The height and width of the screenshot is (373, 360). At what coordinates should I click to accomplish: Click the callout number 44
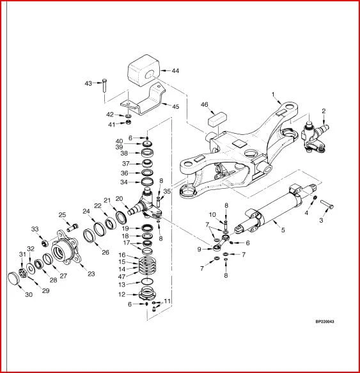tap(175, 70)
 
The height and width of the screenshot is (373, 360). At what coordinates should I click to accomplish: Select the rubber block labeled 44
tap(143, 70)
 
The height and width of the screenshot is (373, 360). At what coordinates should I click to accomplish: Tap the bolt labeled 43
tap(104, 86)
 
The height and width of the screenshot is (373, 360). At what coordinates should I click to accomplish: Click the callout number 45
tap(175, 106)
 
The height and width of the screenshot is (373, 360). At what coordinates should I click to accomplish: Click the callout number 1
tap(273, 95)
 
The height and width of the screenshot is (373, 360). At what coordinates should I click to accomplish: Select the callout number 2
tap(324, 111)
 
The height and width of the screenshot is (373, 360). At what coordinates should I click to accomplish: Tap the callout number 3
tap(321, 220)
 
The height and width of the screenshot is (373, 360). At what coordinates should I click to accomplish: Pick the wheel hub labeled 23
tap(65, 249)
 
